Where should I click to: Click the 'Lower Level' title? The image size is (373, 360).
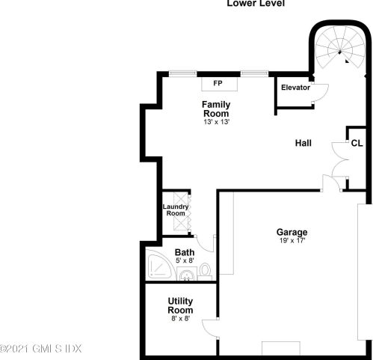pyautogui.click(x=256, y=4)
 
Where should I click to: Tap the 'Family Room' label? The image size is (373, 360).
pyautogui.click(x=216, y=109)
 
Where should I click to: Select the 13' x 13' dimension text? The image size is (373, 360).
pyautogui.click(x=216, y=122)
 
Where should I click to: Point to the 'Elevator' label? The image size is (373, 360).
pyautogui.click(x=295, y=88)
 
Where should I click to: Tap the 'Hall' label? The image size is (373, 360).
pyautogui.click(x=303, y=143)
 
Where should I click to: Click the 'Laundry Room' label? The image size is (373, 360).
pyautogui.click(x=176, y=210)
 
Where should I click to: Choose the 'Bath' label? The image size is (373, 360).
pyautogui.click(x=185, y=252)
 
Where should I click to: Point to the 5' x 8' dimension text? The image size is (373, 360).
pyautogui.click(x=185, y=261)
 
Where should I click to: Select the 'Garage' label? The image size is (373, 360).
pyautogui.click(x=292, y=232)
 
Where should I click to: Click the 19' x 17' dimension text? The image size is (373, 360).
pyautogui.click(x=292, y=241)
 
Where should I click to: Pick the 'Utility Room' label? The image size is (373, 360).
pyautogui.click(x=180, y=305)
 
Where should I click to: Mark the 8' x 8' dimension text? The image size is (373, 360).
pyautogui.click(x=180, y=319)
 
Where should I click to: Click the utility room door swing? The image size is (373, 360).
pyautogui.click(x=212, y=329)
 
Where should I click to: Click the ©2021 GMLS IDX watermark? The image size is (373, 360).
pyautogui.click(x=41, y=349)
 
